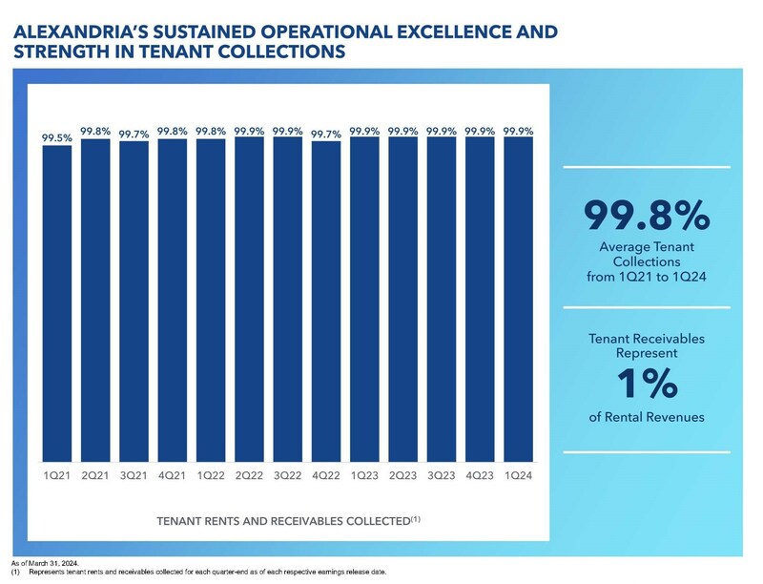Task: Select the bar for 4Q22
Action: (x=326, y=302)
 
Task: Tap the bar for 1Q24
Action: (x=518, y=301)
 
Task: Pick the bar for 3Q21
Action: (x=134, y=302)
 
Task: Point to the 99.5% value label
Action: (x=56, y=139)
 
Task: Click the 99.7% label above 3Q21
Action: (x=134, y=135)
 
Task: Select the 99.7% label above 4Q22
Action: (x=326, y=135)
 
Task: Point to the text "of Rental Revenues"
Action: (x=647, y=416)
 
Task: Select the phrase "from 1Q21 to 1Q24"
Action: (x=647, y=278)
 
